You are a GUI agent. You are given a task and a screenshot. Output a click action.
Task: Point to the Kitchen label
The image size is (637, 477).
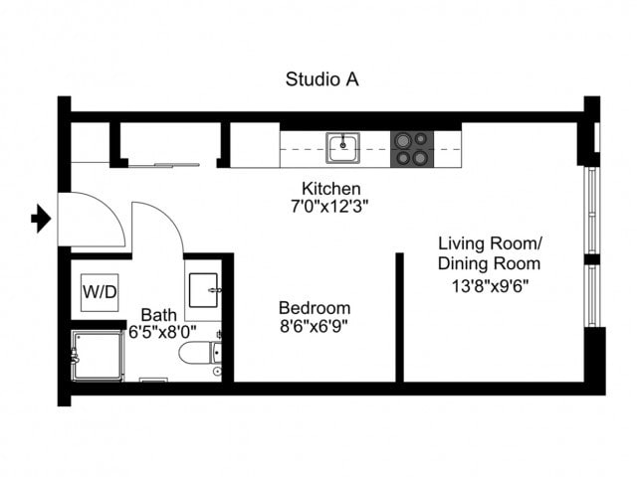click(330, 189)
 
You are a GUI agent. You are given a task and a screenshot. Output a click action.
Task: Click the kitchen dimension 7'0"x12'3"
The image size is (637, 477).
click(330, 207)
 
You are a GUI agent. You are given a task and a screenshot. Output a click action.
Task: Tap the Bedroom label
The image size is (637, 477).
click(315, 307)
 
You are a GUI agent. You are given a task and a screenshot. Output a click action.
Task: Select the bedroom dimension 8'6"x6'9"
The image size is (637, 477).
click(315, 325)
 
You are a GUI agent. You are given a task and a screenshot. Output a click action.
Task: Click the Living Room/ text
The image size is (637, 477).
click(490, 243)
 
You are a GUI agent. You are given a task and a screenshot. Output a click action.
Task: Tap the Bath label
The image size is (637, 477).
click(159, 314)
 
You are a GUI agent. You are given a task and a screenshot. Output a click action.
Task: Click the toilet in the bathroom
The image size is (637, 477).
click(198, 353)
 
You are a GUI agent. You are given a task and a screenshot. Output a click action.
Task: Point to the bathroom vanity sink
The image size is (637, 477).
click(203, 287)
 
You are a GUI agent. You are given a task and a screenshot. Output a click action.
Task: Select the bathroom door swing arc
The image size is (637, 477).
click(159, 229)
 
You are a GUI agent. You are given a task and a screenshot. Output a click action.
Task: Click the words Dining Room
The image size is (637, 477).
click(490, 264)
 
